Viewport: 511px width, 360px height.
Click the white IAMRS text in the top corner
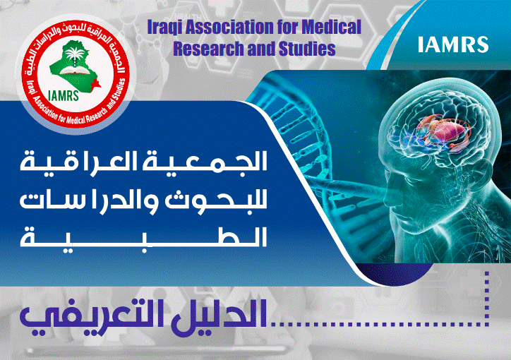[x=453, y=44]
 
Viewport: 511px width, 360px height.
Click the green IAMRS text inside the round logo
[x=64, y=96]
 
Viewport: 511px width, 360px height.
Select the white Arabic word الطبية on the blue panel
[x=144, y=236]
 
